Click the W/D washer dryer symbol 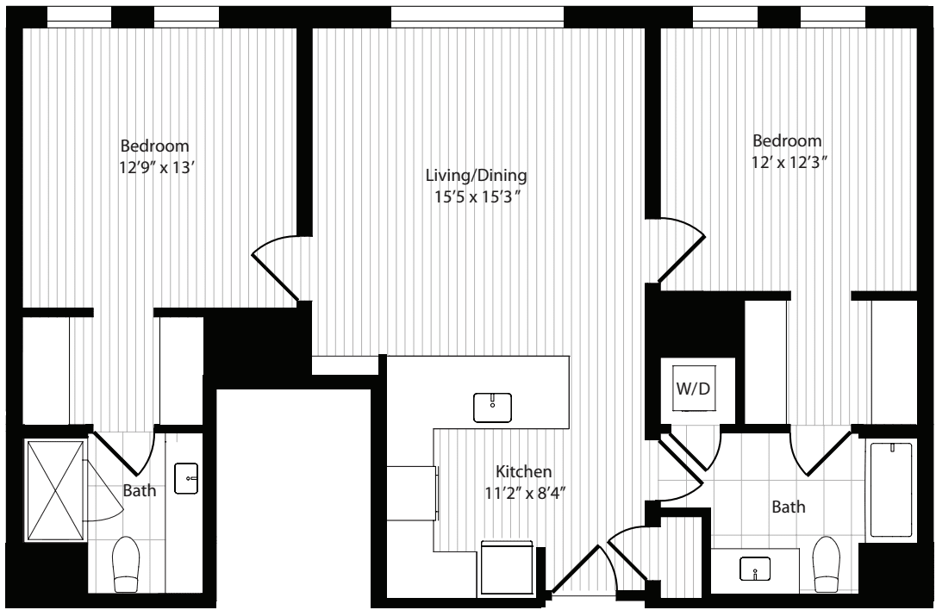click(x=694, y=389)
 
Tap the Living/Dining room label click(x=476, y=176)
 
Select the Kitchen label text click(x=523, y=471)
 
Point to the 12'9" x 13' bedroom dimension click(x=158, y=168)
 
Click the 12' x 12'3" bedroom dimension click(x=789, y=162)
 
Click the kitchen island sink click(x=492, y=408)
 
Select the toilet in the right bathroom click(x=827, y=564)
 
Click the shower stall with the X click(x=55, y=490)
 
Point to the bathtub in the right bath click(x=891, y=490)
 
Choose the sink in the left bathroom click(x=186, y=479)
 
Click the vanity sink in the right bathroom click(x=755, y=569)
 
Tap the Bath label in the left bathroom click(x=140, y=490)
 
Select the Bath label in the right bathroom click(x=789, y=507)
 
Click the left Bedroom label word click(x=154, y=146)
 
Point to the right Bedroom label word click(x=787, y=140)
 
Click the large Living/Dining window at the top click(x=477, y=17)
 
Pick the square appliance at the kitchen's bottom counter click(x=506, y=568)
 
